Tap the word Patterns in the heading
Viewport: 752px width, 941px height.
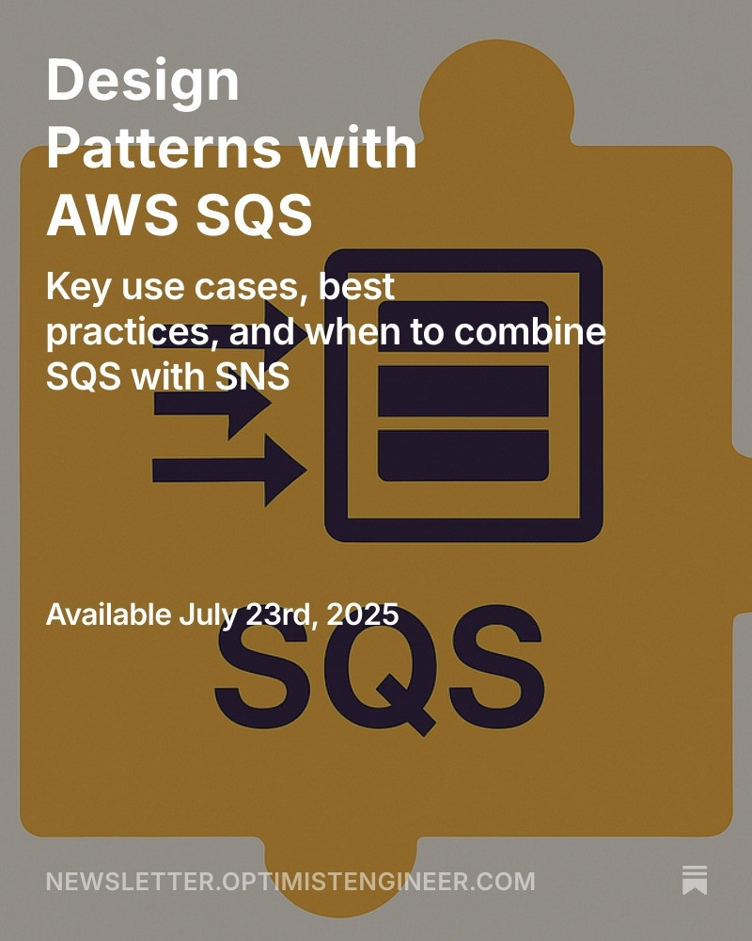(x=164, y=148)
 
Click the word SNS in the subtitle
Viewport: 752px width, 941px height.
(x=253, y=377)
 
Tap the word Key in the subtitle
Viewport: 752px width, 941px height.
(x=79, y=288)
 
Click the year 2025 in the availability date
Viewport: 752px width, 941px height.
(x=362, y=614)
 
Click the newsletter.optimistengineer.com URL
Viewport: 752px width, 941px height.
(x=290, y=882)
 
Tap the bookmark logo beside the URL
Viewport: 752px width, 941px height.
(x=695, y=881)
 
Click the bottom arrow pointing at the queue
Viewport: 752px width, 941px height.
(x=229, y=470)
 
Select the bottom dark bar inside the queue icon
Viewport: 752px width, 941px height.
(x=463, y=455)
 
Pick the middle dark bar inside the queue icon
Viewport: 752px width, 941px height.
(x=463, y=391)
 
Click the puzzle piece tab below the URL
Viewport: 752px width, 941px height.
(x=340, y=876)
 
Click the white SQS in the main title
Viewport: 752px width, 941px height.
(x=254, y=215)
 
